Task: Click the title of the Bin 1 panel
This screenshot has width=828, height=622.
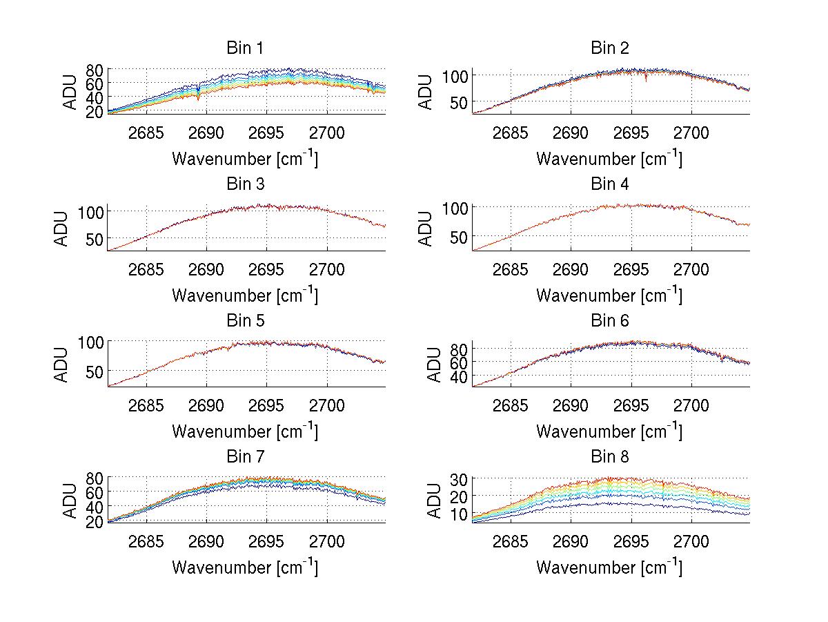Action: [245, 48]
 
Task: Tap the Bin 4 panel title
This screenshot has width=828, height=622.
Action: [610, 184]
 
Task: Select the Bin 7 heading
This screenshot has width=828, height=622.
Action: [245, 457]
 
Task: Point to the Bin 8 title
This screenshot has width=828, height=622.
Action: [610, 457]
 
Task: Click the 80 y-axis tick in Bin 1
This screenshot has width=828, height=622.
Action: [95, 70]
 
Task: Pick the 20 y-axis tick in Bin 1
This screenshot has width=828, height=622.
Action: [95, 110]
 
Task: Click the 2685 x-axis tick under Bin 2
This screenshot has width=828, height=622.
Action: [511, 133]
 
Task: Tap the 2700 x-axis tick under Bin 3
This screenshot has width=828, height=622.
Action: [326, 269]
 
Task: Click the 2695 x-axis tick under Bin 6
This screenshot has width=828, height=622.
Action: [631, 405]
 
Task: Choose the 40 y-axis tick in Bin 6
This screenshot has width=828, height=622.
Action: [460, 377]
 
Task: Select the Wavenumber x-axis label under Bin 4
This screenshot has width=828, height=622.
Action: [609, 295]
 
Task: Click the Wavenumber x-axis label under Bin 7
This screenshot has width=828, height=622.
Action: [245, 567]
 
